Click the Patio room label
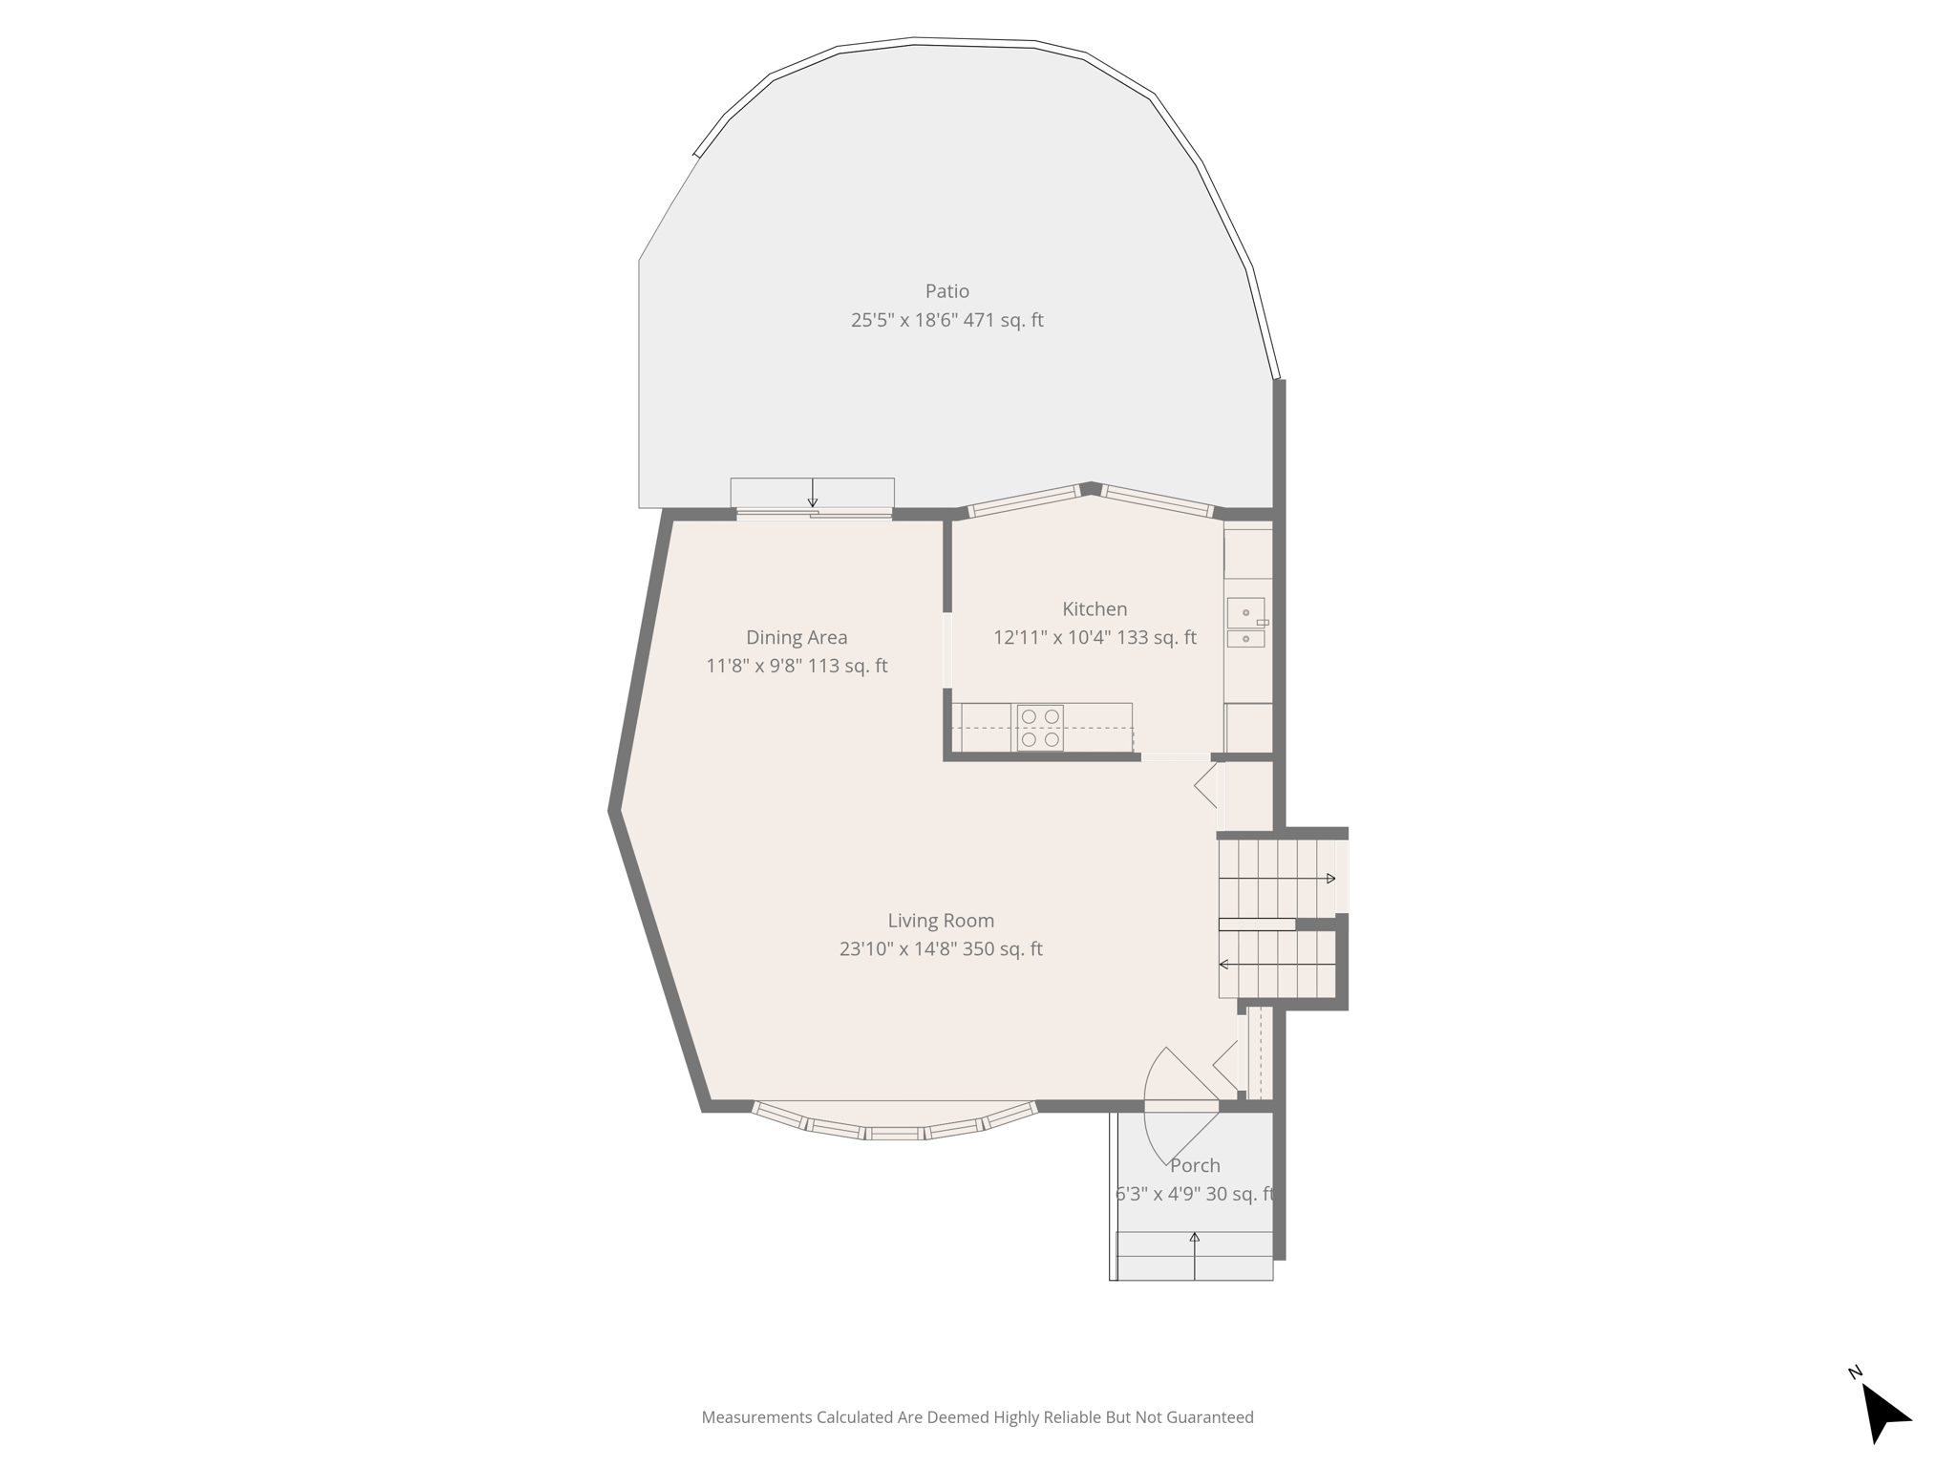(946, 291)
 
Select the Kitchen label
(1095, 609)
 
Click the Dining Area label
(797, 637)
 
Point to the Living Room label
(941, 921)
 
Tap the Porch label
(1195, 1165)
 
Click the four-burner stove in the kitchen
(1040, 728)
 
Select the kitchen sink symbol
(1245, 623)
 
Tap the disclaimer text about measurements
(977, 1417)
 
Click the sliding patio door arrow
(813, 493)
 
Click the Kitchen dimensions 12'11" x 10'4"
(1052, 638)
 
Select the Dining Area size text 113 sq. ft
(847, 666)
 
